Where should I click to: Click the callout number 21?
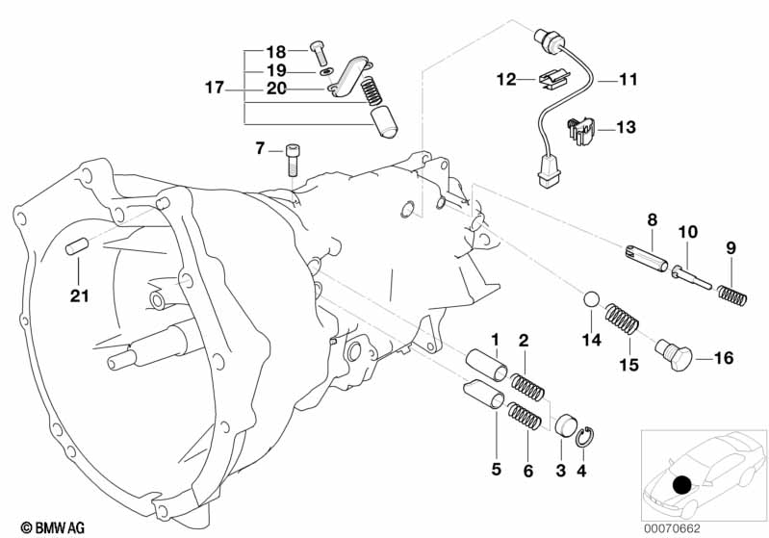pos(78,295)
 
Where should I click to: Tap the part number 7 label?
pos(260,148)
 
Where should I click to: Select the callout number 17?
pos(214,88)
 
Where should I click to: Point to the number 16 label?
pos(723,359)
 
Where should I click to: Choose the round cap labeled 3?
pos(565,424)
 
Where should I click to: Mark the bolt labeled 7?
pos(293,159)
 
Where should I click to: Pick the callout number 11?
pos(627,81)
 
